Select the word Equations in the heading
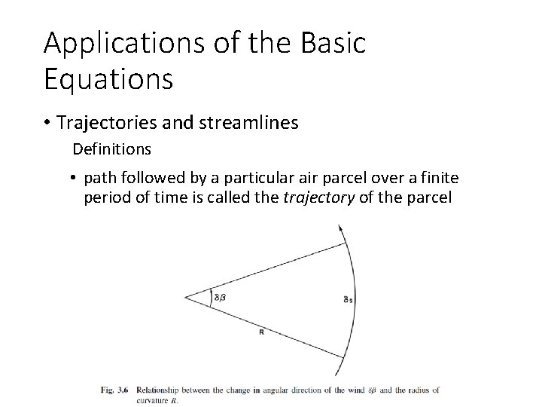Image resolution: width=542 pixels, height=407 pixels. (x=108, y=78)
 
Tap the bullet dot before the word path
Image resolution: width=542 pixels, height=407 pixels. (x=76, y=179)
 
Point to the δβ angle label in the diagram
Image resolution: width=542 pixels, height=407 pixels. (x=220, y=297)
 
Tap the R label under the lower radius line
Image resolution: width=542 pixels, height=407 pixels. (x=261, y=332)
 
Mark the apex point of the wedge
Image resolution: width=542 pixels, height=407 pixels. (x=185, y=297)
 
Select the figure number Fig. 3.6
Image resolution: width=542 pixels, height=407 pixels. (x=114, y=390)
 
